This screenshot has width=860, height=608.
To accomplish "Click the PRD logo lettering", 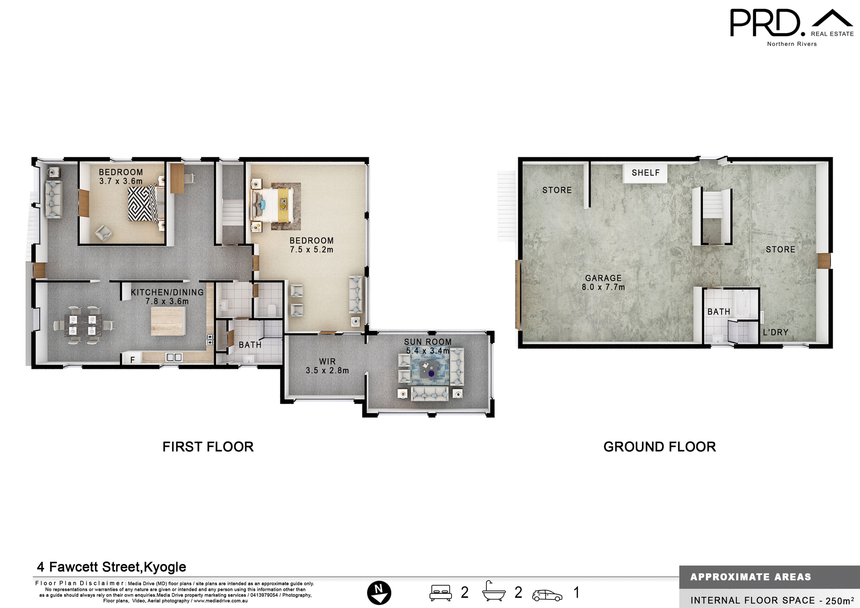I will coord(765,23).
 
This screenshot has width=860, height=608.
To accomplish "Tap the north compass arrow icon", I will coord(379,593).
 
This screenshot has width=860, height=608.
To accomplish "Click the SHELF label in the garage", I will coord(645,173).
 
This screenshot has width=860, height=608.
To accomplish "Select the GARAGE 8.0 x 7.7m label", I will coord(603,283).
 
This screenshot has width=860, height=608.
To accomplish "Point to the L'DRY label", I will coord(775,332).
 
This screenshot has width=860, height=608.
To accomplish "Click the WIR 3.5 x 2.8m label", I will coord(327,366).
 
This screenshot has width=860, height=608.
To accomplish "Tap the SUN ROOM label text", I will coord(428,342).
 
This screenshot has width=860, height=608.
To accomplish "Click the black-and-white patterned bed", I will coord(142,204).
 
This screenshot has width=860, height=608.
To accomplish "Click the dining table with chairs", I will coord(83,325).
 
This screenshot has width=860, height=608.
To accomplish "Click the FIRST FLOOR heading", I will coord(208,447).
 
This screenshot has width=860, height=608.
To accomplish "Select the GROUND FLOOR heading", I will coord(659,447).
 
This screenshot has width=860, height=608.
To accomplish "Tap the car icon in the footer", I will coord(547,595).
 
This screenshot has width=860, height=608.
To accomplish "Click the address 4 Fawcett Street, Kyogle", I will coord(111,567).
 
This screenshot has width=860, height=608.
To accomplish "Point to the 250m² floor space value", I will coord(839,600).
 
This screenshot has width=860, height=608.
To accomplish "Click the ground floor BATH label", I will coord(718,312).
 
